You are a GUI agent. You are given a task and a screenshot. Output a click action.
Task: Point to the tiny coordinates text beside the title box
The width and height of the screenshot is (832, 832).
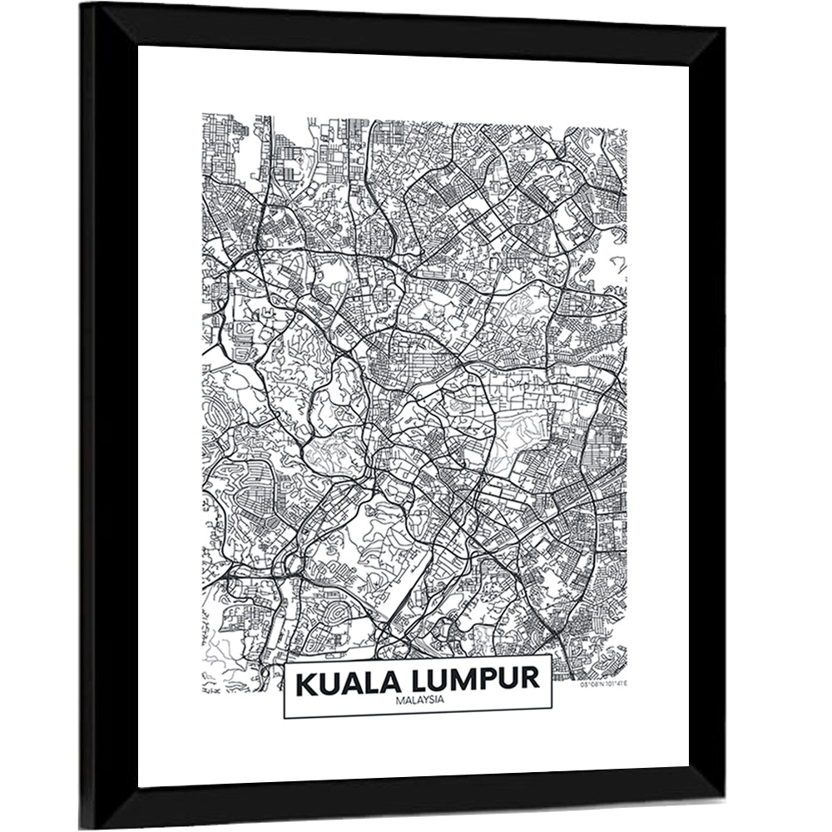pyautogui.click(x=603, y=684)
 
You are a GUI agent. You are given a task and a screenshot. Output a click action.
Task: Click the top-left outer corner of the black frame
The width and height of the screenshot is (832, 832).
pyautogui.click(x=81, y=4)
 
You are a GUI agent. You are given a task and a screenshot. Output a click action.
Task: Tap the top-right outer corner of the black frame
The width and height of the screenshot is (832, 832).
pyautogui.click(x=725, y=28)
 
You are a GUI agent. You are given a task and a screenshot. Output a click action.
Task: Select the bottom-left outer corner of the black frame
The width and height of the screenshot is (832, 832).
pyautogui.click(x=81, y=828)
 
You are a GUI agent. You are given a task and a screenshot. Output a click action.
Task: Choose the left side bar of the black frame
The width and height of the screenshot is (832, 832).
pyautogui.click(x=108, y=416)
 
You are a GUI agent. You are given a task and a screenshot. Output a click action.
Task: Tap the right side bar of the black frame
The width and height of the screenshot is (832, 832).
pyautogui.click(x=706, y=416)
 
